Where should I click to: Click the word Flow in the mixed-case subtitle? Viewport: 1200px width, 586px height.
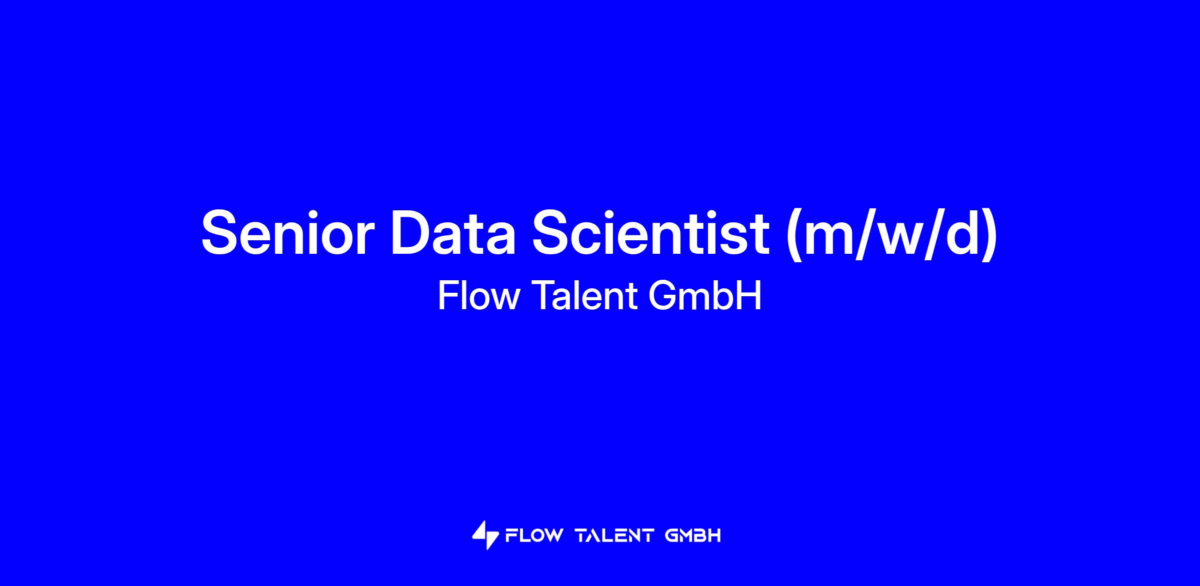pyautogui.click(x=479, y=296)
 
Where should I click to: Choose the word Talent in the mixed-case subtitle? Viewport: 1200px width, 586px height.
pyautogui.click(x=584, y=296)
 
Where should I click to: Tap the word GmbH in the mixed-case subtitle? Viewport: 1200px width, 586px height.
pyautogui.click(x=704, y=296)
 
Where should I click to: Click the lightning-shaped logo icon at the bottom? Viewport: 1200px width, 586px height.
pyautogui.click(x=485, y=536)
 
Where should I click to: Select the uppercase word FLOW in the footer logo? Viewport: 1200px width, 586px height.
pyautogui.click(x=534, y=536)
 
